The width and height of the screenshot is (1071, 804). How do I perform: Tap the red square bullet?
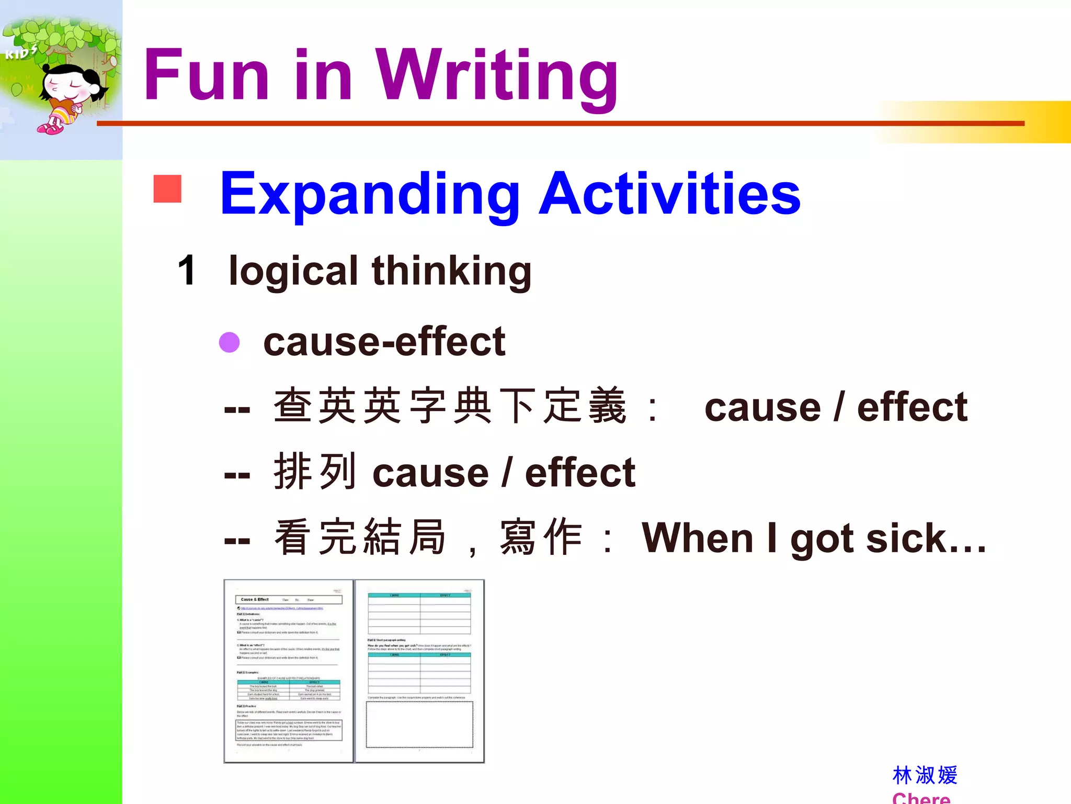(167, 188)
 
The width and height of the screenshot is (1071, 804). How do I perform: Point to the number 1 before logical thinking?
(187, 271)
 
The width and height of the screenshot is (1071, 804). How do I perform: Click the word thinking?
(451, 272)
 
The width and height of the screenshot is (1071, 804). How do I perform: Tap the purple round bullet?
(229, 342)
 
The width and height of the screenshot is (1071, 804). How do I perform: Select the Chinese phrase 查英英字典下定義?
(450, 406)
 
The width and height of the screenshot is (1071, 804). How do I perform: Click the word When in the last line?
(697, 538)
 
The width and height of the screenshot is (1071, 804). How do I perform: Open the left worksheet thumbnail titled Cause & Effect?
(289, 671)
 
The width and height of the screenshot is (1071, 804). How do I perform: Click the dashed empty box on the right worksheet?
(419, 725)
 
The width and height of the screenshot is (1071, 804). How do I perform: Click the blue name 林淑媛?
(925, 775)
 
